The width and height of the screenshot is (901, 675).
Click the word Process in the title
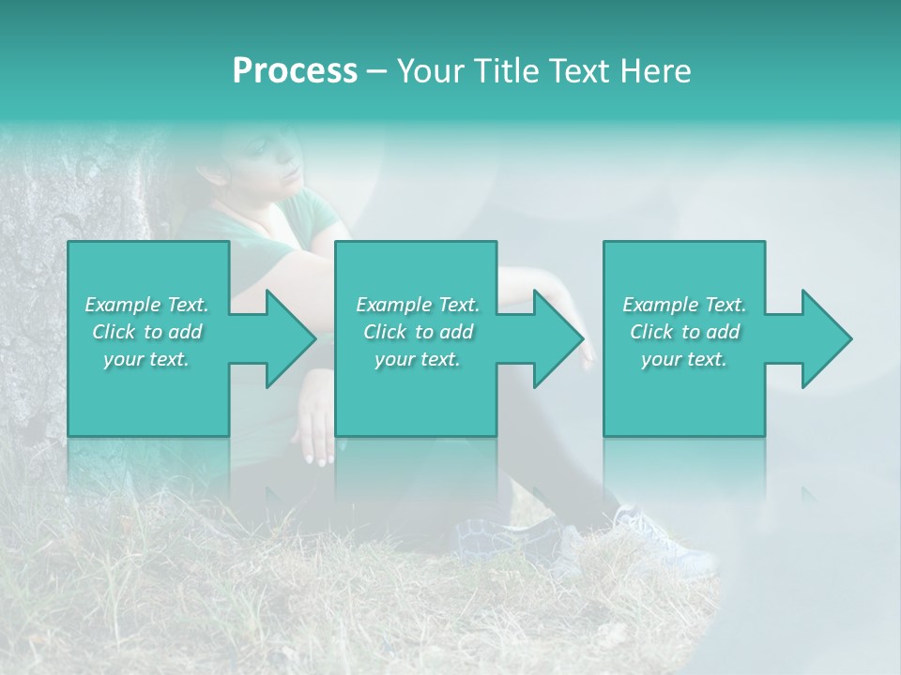[295, 70]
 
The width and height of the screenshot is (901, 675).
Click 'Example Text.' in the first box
[146, 305]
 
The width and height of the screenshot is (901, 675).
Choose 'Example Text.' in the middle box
[418, 305]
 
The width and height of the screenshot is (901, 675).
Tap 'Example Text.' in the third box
[684, 305]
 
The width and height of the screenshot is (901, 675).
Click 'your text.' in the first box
[146, 360]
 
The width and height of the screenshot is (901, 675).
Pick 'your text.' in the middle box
[418, 360]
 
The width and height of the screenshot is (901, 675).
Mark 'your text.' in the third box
[684, 360]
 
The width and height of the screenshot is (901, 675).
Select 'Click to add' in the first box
[146, 332]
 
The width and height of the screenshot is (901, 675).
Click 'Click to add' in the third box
[684, 332]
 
